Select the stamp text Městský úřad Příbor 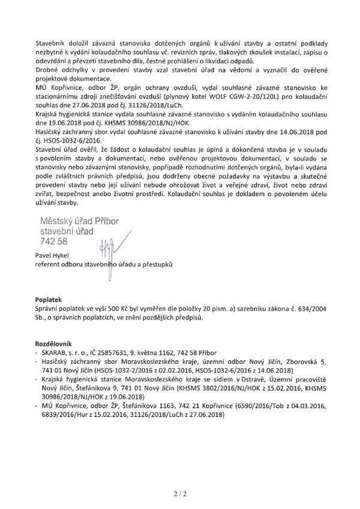click(x=80, y=221)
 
